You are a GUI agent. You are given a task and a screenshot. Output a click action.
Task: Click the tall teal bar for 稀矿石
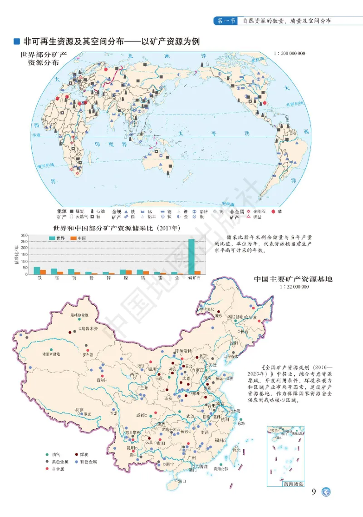[x=191, y=256]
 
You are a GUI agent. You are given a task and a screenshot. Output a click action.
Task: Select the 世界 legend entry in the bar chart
[x=57, y=238]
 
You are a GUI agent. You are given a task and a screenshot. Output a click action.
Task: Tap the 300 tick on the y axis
[x=23, y=235]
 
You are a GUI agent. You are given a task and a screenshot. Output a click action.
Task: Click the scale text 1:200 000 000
[x=289, y=53]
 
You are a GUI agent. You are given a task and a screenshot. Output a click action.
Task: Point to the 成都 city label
[x=140, y=415]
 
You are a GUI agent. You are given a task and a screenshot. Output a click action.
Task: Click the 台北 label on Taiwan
[x=236, y=449]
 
